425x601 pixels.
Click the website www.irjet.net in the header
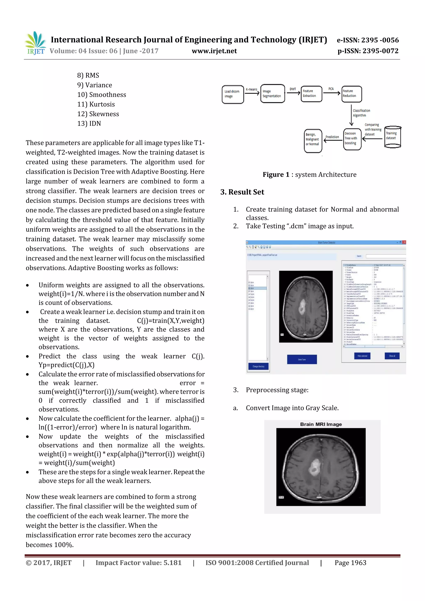pyautogui.click(x=214, y=51)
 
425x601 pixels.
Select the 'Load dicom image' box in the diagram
pyautogui.click(x=233, y=94)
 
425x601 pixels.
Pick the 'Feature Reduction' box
pyautogui.click(x=351, y=94)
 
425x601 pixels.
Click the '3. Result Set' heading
pyautogui.click(x=242, y=192)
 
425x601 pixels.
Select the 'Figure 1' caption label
pyautogui.click(x=276, y=175)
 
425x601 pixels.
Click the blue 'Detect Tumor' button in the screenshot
pyautogui.click(x=302, y=359)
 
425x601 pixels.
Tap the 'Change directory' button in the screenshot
pyautogui.click(x=258, y=366)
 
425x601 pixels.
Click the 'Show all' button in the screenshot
pyautogui.click(x=392, y=356)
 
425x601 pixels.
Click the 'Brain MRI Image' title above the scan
pyautogui.click(x=321, y=424)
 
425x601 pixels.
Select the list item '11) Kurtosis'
pyautogui.click(x=96, y=104)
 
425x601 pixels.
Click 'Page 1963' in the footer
pyautogui.click(x=350, y=563)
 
